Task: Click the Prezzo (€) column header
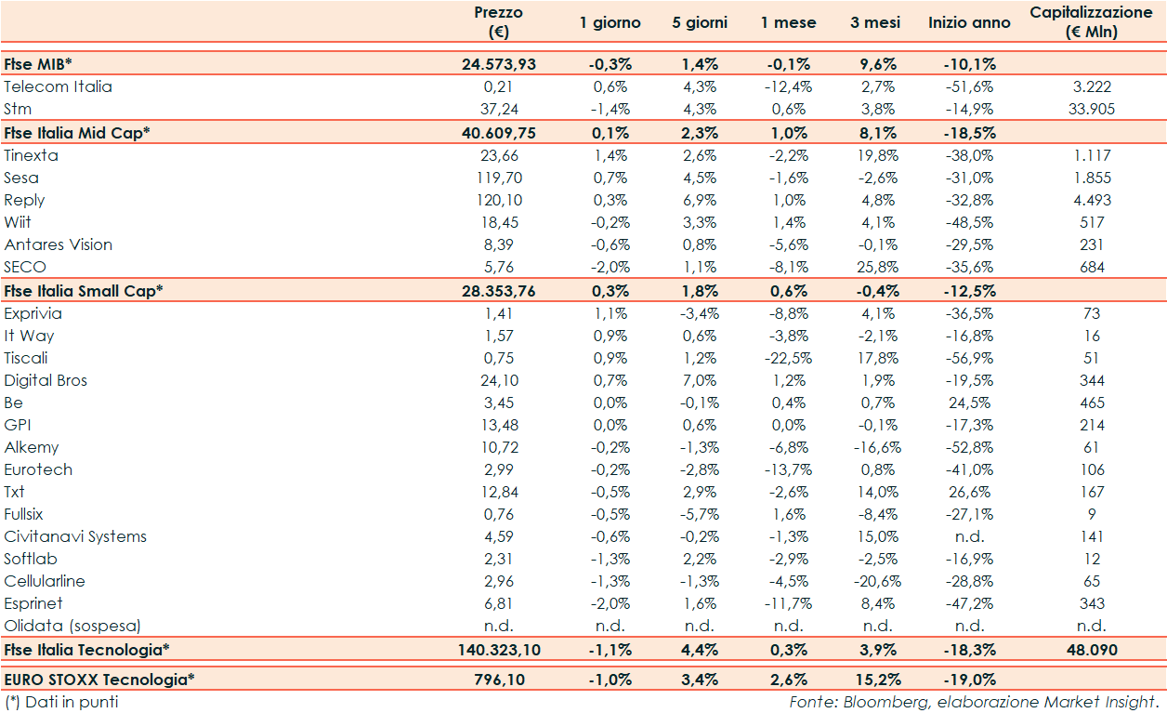[498, 22]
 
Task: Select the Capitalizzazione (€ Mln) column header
[1092, 22]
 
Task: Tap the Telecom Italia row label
[58, 86]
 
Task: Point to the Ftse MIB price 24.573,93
[498, 64]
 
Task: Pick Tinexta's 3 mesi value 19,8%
[877, 155]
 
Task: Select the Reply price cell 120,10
[498, 200]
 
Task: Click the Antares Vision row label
[58, 244]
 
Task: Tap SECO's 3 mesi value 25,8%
[877, 267]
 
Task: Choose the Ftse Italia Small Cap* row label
[84, 290]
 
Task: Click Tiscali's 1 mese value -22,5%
[788, 358]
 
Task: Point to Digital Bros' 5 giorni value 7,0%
[700, 380]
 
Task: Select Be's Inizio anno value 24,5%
[969, 403]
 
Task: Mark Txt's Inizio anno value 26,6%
[969, 492]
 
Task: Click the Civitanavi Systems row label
[75, 536]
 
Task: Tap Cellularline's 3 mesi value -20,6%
[877, 581]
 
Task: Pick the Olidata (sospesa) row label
[72, 626]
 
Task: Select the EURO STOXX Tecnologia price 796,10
[498, 680]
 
